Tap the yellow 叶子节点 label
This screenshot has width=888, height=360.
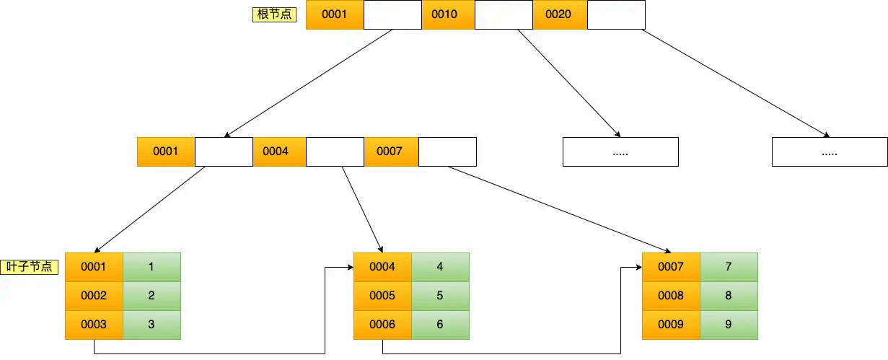point(30,266)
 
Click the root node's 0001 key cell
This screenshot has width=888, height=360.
point(335,14)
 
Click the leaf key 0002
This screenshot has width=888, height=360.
point(94,296)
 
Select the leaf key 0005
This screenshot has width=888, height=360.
point(382,296)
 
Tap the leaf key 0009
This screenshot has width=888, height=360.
point(671,325)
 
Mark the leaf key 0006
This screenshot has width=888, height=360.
point(382,325)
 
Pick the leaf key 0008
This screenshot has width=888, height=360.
point(671,296)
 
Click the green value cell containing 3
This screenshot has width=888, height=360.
point(151,325)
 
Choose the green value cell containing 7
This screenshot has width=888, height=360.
point(729,267)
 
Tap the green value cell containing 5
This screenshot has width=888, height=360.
point(440,296)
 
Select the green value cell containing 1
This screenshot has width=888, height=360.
point(151,267)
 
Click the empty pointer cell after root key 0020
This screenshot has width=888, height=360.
point(616,14)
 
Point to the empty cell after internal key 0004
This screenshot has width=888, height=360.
point(335,152)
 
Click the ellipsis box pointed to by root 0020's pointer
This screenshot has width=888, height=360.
point(830,152)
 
